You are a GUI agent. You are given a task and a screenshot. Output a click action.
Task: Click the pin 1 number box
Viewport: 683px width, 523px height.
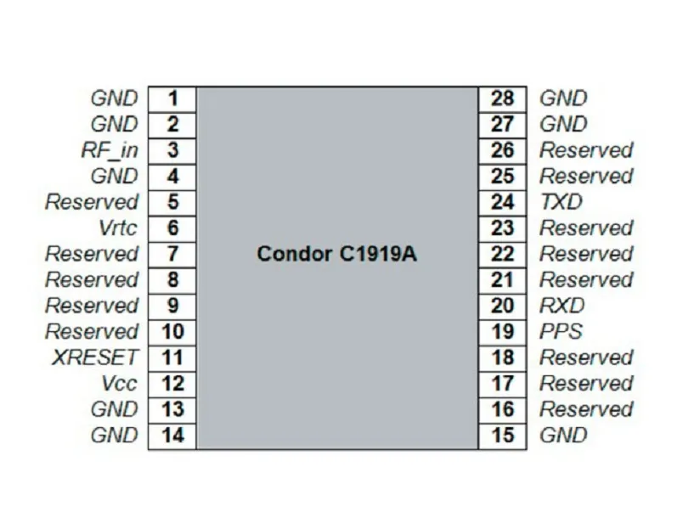coord(172,99)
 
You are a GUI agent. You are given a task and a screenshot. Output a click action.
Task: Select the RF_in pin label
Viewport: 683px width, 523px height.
coord(110,150)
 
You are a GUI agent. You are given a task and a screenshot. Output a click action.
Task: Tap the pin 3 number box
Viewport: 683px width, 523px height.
coord(172,151)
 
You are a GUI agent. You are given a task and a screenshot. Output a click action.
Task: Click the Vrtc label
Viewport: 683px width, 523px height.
coord(118,228)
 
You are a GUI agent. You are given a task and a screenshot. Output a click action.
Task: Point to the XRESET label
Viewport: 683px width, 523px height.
coord(95,357)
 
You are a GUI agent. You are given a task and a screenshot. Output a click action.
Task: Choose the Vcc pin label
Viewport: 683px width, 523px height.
coord(119,384)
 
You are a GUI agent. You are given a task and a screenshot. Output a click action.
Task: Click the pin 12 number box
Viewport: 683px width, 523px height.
coord(172,384)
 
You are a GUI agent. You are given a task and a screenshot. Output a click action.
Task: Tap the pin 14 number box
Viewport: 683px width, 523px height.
coord(172,436)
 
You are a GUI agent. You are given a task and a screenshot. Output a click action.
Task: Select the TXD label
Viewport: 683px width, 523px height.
coord(561,202)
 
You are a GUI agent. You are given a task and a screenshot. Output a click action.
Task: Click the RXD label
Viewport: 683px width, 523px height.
coord(562,306)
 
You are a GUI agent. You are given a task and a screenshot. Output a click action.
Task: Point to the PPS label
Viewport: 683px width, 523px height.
coord(561,332)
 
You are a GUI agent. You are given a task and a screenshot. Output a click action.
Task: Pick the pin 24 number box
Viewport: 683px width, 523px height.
coord(503,203)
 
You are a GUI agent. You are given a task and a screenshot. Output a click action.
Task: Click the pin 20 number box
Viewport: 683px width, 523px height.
coord(503,306)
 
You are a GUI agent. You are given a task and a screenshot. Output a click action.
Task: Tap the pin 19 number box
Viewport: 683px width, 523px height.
coord(503,332)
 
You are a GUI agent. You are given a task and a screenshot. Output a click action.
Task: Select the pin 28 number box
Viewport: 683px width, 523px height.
coord(503,99)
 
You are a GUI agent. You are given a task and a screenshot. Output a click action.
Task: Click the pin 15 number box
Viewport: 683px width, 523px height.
coord(503,436)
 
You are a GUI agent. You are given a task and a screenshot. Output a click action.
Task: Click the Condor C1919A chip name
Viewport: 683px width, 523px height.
coord(336,254)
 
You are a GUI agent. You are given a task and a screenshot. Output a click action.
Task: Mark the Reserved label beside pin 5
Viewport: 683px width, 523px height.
coord(92,202)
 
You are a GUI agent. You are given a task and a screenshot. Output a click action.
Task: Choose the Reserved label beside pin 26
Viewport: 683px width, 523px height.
coord(586,150)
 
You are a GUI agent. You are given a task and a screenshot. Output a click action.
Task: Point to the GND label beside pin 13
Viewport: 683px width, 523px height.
coord(115,409)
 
